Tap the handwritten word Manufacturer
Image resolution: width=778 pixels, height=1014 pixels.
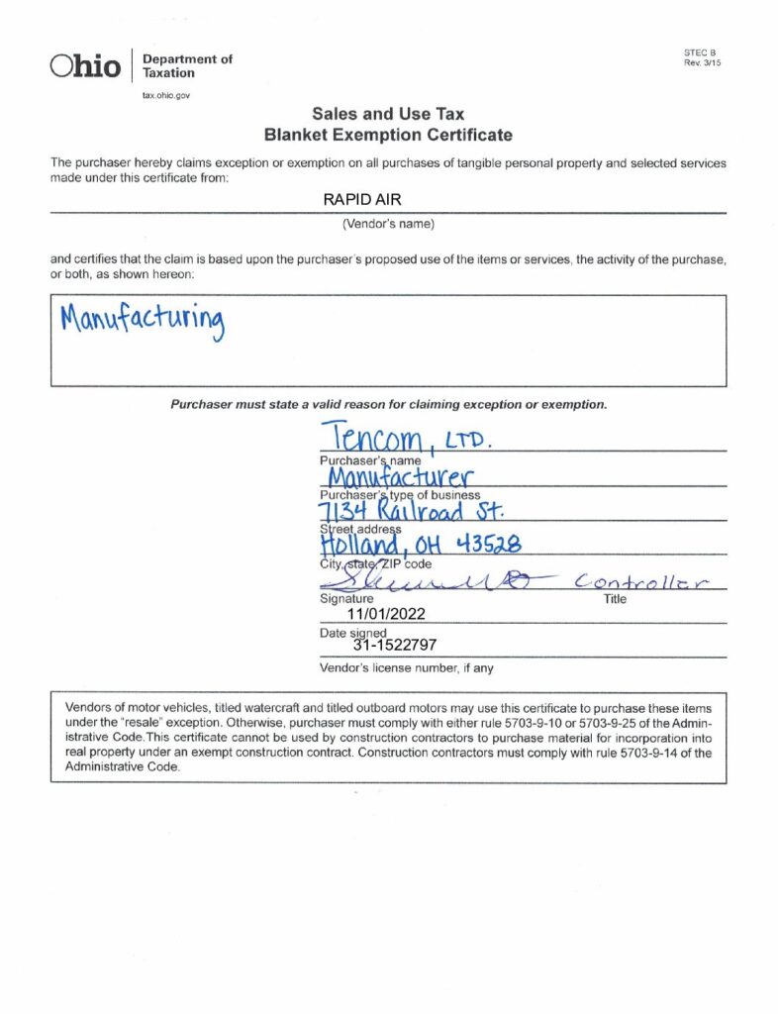pyautogui.click(x=386, y=478)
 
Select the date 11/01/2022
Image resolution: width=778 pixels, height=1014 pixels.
pyautogui.click(x=380, y=614)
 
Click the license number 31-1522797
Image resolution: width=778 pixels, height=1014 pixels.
pyautogui.click(x=395, y=647)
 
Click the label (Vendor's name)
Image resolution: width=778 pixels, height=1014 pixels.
pyautogui.click(x=388, y=224)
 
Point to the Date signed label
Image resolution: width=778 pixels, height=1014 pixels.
pyautogui.click(x=352, y=632)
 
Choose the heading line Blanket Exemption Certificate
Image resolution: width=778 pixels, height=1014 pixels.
pyautogui.click(x=388, y=134)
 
